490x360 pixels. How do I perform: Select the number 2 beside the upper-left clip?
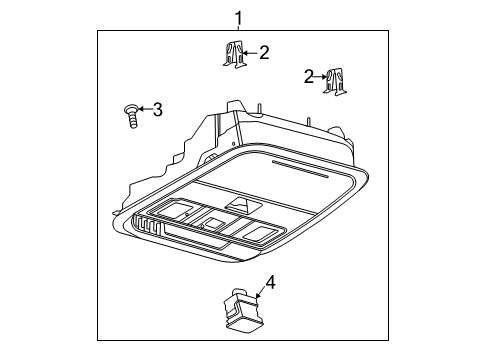(x=264, y=52)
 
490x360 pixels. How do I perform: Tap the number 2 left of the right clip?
(x=310, y=75)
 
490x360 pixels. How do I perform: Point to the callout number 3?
(x=156, y=109)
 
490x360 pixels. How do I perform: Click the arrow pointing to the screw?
(x=143, y=109)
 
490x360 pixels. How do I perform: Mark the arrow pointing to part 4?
(x=257, y=294)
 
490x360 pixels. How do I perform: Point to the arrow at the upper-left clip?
(x=250, y=52)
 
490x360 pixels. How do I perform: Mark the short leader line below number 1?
(x=238, y=29)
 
